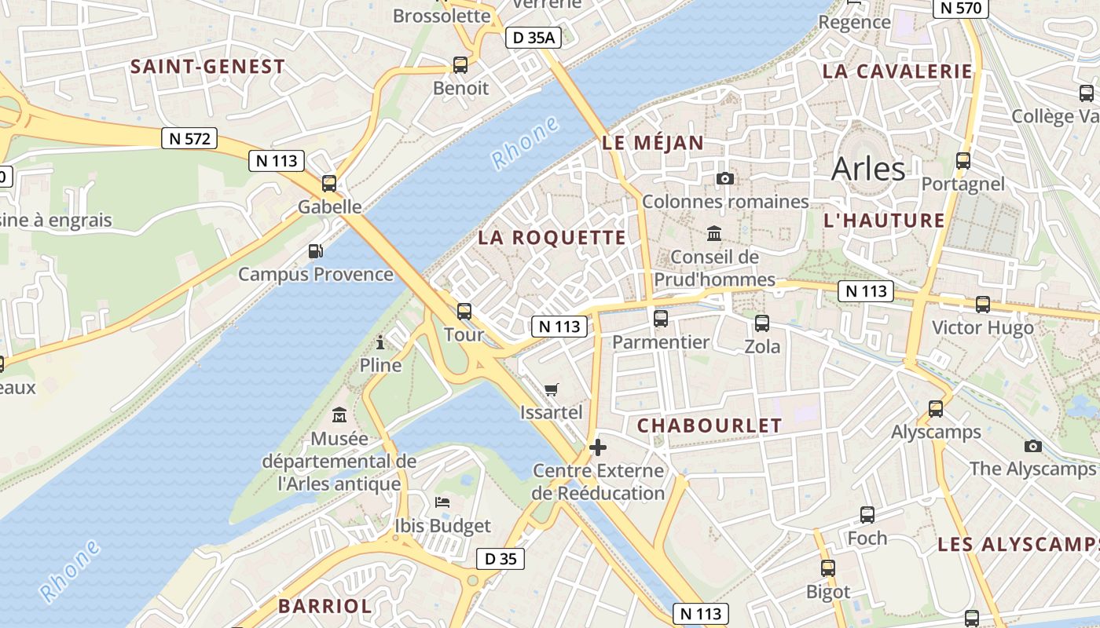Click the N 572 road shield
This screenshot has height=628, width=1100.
point(189,139)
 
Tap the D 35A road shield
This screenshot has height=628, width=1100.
point(533,37)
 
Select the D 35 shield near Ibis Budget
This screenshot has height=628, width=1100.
point(500,559)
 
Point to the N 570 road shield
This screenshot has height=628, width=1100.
point(960,8)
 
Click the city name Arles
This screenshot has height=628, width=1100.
point(868,169)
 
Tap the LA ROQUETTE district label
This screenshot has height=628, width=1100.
point(552,237)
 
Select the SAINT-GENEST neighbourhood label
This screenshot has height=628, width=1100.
point(207,67)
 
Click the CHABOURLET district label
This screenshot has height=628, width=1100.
point(709,425)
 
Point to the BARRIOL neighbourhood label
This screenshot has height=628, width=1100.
point(324,606)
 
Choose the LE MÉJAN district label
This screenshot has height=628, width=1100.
point(653,143)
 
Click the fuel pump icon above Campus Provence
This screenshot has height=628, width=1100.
point(315,251)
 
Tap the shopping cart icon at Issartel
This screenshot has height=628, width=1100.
point(552,389)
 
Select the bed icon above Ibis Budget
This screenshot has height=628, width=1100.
point(442,502)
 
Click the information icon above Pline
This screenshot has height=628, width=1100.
point(380,342)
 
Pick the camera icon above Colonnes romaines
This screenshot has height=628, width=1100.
point(725,179)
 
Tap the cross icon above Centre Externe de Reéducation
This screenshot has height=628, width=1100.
point(598,447)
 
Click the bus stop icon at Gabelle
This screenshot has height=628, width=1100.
point(329,184)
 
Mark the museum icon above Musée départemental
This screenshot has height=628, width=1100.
point(339,414)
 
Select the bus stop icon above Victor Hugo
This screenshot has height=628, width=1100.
point(982,305)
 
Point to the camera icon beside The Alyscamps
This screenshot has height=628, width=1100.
point(1033,446)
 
